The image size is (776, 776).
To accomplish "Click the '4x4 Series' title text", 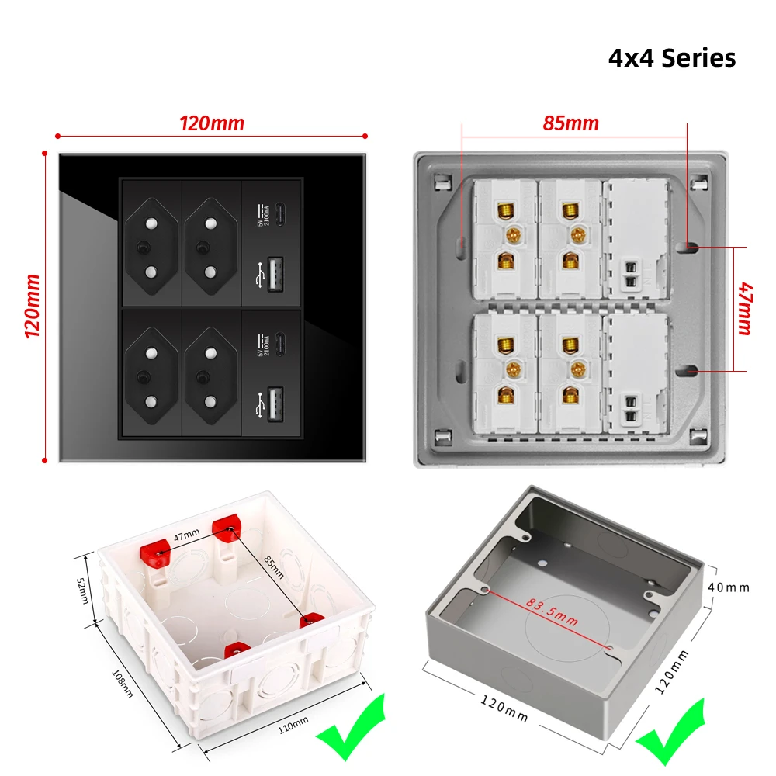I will [x=671, y=58].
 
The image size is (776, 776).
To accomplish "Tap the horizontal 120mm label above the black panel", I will [x=211, y=123].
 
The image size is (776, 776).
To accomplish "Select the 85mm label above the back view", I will [x=570, y=123].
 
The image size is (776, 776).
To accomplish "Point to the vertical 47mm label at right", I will [x=744, y=309].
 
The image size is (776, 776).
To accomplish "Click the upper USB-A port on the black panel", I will [x=275, y=275].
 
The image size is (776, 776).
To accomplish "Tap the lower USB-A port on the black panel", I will [x=275, y=404].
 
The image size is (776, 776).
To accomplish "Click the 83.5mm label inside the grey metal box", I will [x=552, y=610].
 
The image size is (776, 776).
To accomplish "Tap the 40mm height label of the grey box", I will [x=729, y=587].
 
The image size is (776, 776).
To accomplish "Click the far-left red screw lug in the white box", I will [x=154, y=553].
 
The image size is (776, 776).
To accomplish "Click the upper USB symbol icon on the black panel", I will [x=258, y=275].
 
